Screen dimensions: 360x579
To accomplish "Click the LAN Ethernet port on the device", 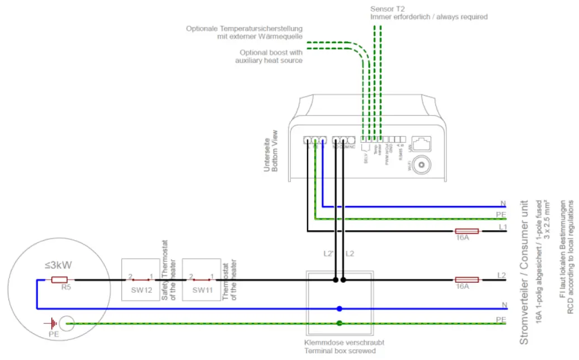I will (423, 142).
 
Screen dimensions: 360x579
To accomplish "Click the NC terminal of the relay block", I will (351, 141).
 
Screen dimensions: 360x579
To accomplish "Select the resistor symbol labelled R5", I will (59, 279).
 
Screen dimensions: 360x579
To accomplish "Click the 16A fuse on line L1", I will (467, 231).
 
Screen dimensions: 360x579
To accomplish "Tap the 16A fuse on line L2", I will (467, 279).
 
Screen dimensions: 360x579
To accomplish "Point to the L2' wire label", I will (328, 254).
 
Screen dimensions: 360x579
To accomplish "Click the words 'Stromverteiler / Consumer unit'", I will (524, 271).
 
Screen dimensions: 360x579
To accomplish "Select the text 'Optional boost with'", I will (271, 53).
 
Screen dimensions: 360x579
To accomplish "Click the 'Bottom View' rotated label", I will (275, 151).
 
